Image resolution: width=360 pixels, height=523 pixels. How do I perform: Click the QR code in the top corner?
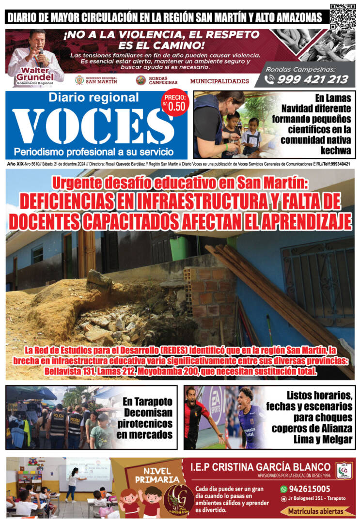click(x=343, y=16)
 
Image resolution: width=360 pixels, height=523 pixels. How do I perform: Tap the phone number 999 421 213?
click(x=313, y=79)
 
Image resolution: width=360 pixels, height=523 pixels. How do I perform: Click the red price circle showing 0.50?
click(x=174, y=104)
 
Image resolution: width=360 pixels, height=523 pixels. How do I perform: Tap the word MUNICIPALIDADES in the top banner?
click(x=219, y=81)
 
